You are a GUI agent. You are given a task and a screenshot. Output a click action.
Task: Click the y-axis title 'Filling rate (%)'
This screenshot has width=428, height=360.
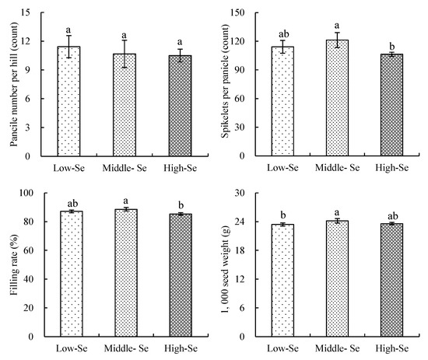pyautogui.click(x=9, y=264)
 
